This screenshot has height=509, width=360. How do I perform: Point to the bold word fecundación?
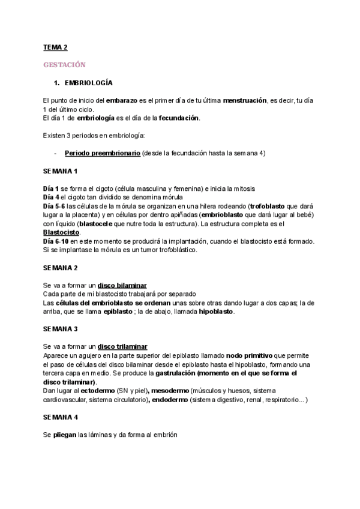click(178, 118)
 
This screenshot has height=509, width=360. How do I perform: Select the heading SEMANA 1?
click(60, 171)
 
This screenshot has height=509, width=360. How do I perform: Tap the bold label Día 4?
click(51, 197)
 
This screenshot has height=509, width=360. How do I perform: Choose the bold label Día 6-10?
click(56, 241)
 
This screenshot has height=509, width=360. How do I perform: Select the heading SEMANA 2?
click(60, 267)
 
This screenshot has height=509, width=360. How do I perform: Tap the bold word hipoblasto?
click(217, 312)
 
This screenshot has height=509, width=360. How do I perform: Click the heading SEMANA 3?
click(60, 330)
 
